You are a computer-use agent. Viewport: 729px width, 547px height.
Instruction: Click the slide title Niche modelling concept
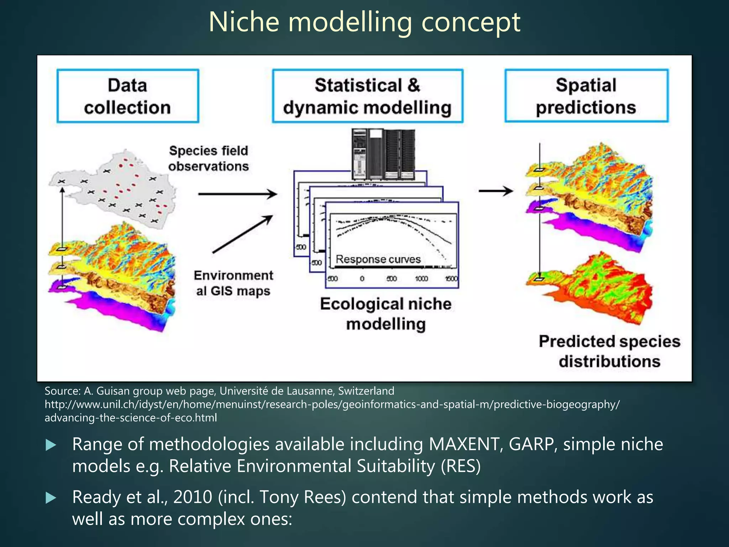click(364, 22)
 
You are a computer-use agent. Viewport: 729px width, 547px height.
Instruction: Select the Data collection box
click(127, 96)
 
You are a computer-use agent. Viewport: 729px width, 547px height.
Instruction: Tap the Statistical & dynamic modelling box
click(367, 96)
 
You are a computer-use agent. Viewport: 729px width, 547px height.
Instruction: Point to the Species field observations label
click(209, 158)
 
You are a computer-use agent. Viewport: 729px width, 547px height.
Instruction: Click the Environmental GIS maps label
click(234, 283)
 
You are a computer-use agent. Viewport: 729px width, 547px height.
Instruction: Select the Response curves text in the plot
click(378, 259)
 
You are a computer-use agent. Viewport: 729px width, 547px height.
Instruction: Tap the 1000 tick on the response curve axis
click(421, 278)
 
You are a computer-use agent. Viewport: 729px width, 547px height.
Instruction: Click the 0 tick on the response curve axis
click(362, 278)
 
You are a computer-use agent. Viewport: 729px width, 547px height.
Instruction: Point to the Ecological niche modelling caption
click(386, 314)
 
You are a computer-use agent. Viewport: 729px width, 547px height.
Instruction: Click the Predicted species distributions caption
click(609, 351)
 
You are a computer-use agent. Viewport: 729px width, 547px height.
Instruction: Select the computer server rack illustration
click(383, 154)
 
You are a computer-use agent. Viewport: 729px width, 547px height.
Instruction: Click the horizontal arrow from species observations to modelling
click(237, 194)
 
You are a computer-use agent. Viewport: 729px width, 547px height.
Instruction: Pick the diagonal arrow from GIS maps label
click(242, 234)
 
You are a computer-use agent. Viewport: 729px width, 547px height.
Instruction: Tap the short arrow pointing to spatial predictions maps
click(495, 191)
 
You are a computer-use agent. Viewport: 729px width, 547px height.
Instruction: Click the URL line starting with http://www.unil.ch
click(332, 405)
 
